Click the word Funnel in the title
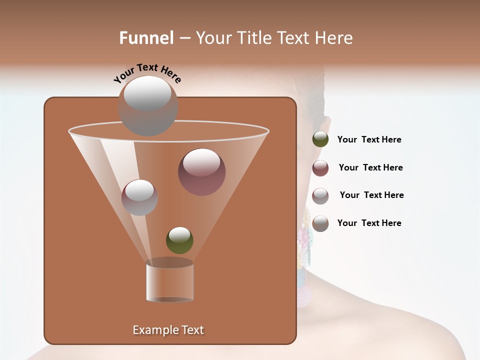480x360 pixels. (x=146, y=38)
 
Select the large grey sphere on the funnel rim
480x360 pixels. (x=147, y=105)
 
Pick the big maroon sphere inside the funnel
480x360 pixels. (x=201, y=172)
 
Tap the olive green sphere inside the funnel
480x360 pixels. (x=179, y=240)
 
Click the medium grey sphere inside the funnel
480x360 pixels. (x=139, y=197)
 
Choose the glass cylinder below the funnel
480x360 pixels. (x=169, y=283)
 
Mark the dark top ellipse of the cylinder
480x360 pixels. (x=169, y=262)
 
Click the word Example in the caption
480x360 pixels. (x=152, y=330)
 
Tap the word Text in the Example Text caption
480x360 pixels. (x=190, y=330)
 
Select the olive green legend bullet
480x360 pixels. (x=320, y=139)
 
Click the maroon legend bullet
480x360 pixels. (x=320, y=168)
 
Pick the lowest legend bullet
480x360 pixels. (x=320, y=223)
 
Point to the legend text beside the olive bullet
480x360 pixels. (x=369, y=139)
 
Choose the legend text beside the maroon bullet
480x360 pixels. (x=370, y=167)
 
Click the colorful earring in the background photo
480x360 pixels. (x=304, y=250)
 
